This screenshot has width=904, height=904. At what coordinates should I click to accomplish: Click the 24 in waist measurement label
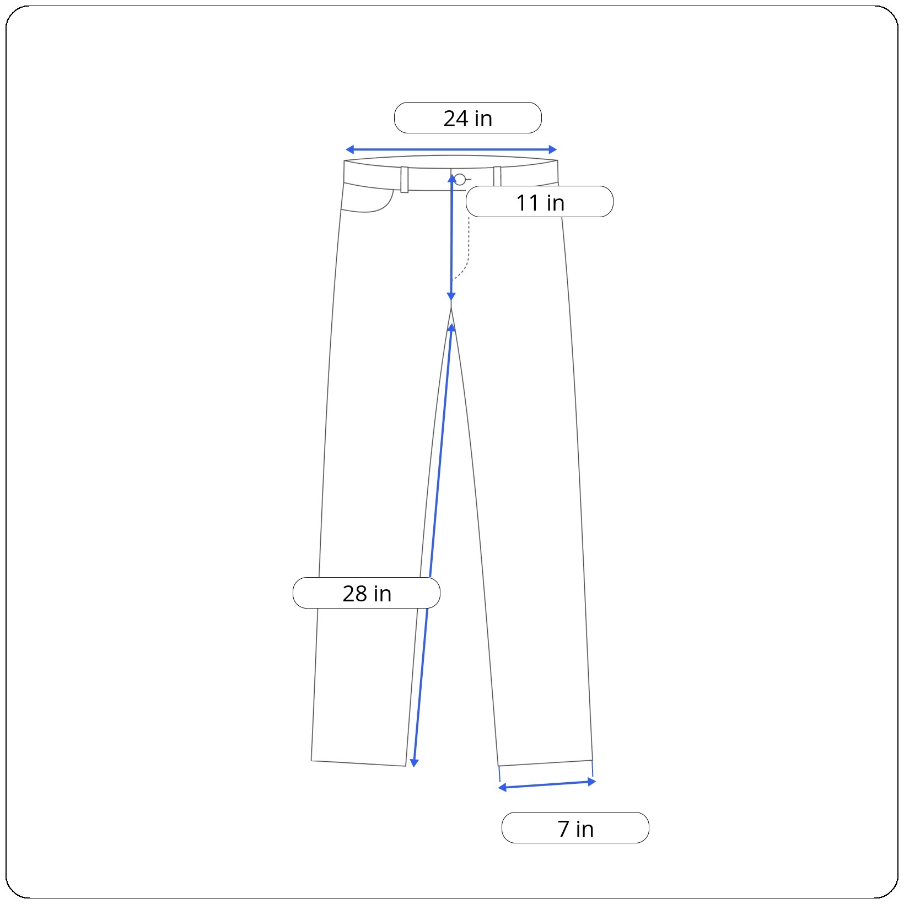(468, 118)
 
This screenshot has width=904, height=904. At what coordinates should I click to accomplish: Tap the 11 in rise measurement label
(540, 202)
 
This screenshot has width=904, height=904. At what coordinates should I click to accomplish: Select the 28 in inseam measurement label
(367, 593)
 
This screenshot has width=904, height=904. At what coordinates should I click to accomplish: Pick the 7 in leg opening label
(575, 828)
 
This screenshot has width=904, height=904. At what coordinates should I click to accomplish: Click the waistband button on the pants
(460, 179)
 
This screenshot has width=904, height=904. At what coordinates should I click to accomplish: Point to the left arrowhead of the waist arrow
(349, 149)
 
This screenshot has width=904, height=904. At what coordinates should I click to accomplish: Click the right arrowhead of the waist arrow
(553, 149)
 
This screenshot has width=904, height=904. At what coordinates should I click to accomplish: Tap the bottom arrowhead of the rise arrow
(451, 297)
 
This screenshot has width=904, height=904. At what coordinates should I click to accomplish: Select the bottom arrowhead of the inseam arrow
(414, 763)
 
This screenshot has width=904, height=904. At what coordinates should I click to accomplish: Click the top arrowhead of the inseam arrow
(451, 328)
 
